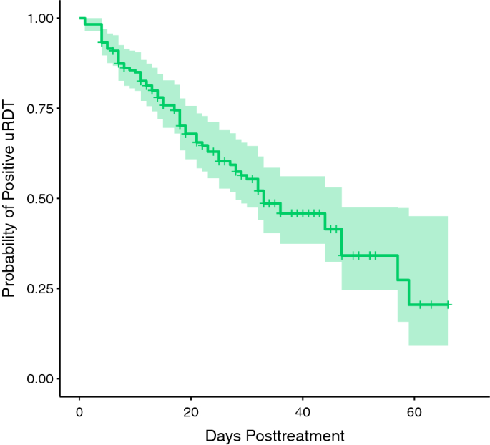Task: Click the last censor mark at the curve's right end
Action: coord(448,305)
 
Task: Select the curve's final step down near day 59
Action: coord(409,292)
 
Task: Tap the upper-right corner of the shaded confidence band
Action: coord(448,216)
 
